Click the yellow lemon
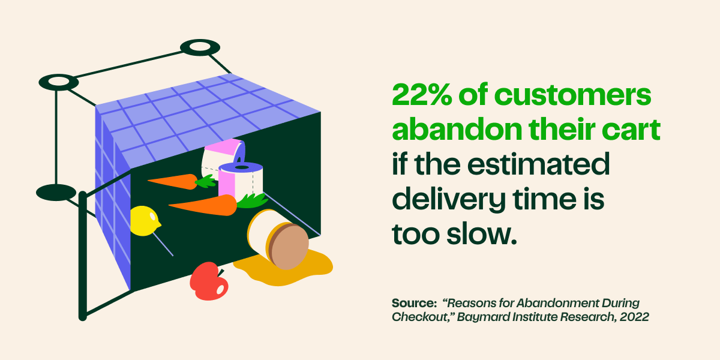coord(144,220)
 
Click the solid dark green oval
coord(56,193)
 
